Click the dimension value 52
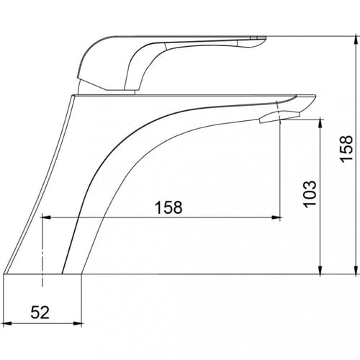coord(40,312)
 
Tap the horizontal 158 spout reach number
coord(168,207)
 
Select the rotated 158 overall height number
coord(347,149)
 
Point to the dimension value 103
coord(310,194)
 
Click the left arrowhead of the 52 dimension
coord(8,323)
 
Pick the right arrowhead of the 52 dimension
coord(78,323)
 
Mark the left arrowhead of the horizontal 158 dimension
coord(46,217)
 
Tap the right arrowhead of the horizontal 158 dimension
coord(276,217)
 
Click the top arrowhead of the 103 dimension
coord(320,123)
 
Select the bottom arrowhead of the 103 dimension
coord(320,269)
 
